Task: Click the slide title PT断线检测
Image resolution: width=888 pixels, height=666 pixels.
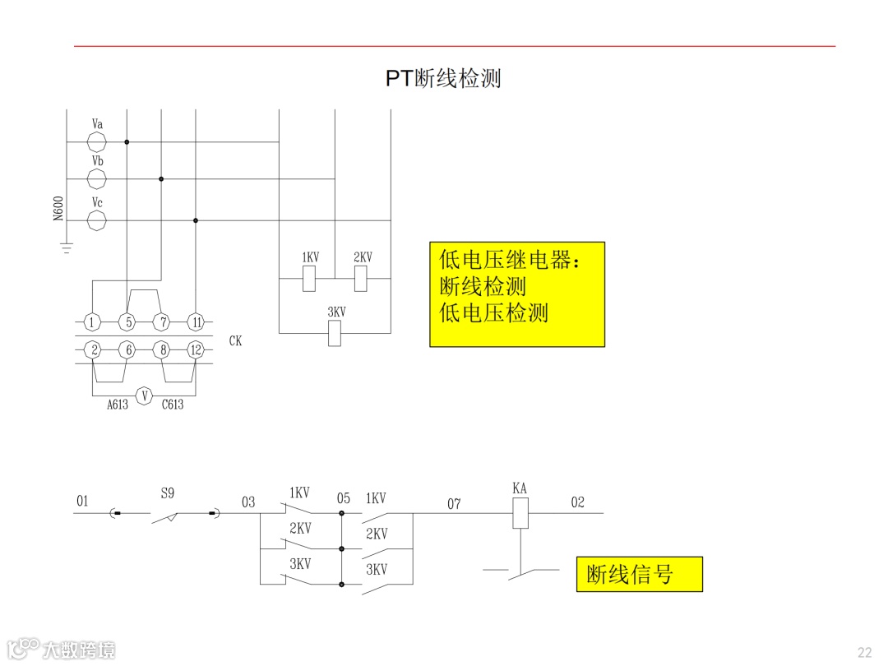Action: [443, 78]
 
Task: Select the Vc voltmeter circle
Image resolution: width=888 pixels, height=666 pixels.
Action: [97, 220]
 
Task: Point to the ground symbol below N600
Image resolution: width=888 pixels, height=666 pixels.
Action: [67, 246]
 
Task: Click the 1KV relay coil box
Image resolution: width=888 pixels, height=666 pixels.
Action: [309, 280]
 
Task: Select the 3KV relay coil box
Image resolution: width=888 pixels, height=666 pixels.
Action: [335, 333]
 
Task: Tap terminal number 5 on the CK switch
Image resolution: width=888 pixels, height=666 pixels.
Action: [127, 321]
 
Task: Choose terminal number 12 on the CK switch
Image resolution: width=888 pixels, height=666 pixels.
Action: [195, 349]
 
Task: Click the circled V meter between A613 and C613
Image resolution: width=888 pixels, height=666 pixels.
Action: [145, 395]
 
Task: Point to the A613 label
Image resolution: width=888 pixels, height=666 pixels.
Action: [117, 405]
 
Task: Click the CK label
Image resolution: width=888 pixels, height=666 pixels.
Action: [235, 340]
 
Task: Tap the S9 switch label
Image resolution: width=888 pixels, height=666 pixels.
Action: [167, 494]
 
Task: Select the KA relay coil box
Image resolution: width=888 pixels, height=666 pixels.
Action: [520, 514]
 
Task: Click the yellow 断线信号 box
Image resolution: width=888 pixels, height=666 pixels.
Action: [639, 574]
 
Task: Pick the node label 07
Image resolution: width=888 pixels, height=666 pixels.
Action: [454, 503]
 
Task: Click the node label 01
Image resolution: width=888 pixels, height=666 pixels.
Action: [82, 501]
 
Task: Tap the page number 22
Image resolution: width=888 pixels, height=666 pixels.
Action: [864, 652]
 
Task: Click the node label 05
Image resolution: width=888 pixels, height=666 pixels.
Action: [343, 498]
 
